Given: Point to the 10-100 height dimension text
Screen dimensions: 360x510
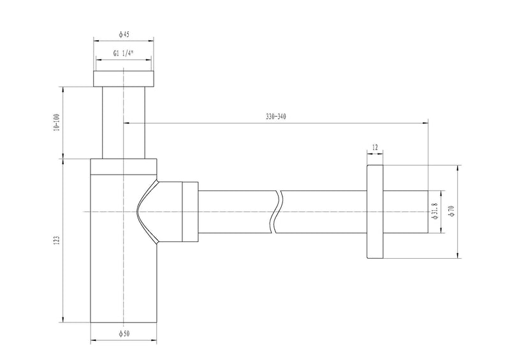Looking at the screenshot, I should (57, 122).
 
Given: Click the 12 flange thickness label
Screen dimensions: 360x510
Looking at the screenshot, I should (374, 148).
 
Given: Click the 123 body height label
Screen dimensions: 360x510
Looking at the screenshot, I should (57, 240).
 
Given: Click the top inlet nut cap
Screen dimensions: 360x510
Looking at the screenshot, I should (124, 78).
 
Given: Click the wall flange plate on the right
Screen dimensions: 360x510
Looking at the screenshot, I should (374, 212).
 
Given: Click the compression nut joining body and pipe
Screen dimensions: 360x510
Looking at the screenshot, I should (190, 212).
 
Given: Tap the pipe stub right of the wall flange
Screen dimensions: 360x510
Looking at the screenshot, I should (404, 212).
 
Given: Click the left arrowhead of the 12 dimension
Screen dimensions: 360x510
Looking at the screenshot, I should (368, 153).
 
